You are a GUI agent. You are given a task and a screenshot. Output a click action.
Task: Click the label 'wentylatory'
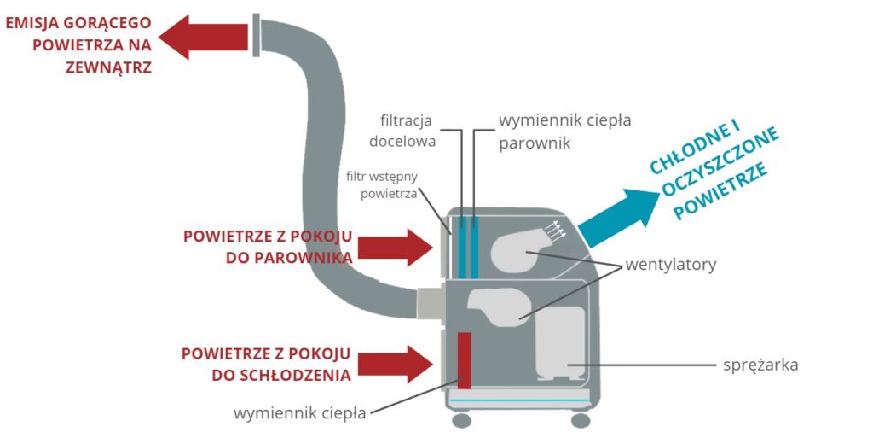point(670,265)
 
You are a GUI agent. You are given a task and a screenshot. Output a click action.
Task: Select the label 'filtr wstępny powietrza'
point(382,185)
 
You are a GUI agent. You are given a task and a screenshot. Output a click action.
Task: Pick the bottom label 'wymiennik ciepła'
point(300,414)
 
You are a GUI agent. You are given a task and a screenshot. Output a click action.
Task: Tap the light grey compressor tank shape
point(560,342)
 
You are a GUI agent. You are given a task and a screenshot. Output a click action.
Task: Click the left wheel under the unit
point(461,420)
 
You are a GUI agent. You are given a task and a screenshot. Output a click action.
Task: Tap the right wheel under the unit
point(580,420)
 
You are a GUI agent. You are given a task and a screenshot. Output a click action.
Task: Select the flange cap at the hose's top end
point(256,35)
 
